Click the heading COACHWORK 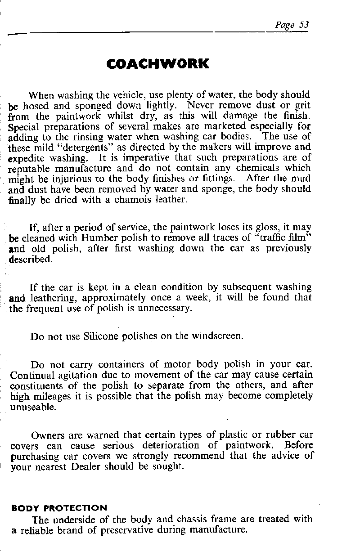(x=158, y=63)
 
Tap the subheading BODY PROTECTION (x=59, y=508)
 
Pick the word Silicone (x=102, y=336)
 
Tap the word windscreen (x=217, y=336)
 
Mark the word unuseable (x=33, y=408)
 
